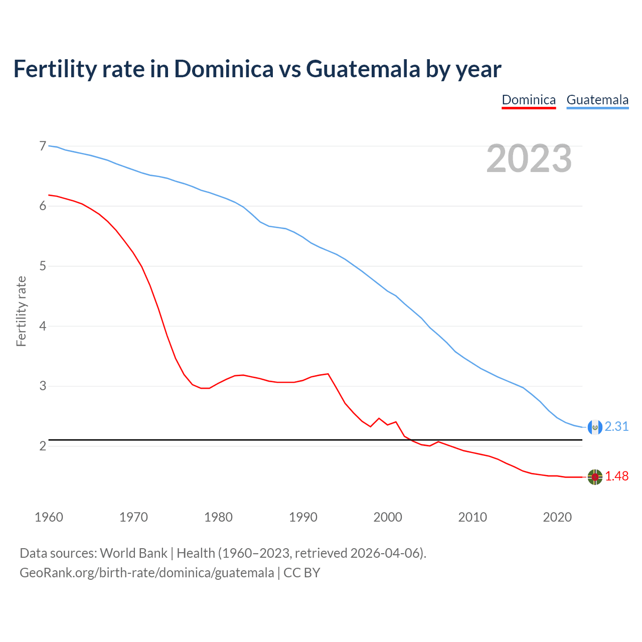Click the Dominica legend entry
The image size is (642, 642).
[529, 100]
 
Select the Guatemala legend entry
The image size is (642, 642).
[597, 100]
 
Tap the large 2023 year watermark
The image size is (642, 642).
[529, 159]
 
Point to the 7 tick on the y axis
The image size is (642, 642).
[43, 146]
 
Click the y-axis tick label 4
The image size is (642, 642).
[43, 326]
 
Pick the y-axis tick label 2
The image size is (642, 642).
[43, 446]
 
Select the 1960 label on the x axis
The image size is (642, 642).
[49, 517]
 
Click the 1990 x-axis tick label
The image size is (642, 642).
[303, 517]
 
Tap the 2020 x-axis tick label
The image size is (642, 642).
[557, 517]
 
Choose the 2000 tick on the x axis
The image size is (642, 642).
[388, 517]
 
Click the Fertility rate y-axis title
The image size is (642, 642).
[21, 311]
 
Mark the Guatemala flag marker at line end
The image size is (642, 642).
[595, 427]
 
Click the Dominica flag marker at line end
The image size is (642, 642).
[595, 477]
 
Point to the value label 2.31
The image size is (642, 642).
[616, 426]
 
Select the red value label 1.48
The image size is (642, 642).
[616, 476]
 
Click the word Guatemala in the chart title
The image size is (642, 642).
[363, 69]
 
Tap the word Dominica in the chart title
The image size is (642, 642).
[224, 69]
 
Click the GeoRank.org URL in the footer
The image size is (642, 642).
[146, 573]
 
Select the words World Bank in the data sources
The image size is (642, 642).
[133, 553]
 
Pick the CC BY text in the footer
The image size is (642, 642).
[302, 573]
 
